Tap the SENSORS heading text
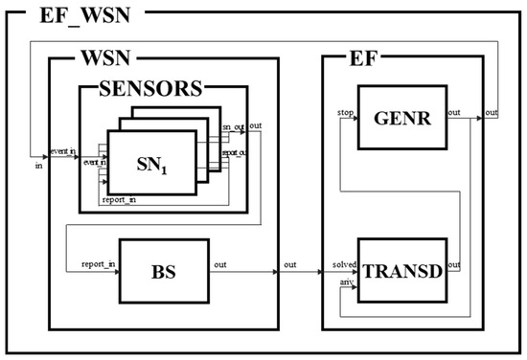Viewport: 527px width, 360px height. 149,89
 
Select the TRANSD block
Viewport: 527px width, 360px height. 401,271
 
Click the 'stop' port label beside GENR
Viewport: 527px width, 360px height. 346,111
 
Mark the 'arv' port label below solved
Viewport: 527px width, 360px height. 348,281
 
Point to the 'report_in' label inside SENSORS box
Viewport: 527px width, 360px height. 119,199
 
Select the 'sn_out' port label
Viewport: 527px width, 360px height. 233,127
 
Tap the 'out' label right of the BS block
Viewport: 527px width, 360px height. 220,263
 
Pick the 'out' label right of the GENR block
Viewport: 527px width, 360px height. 454,111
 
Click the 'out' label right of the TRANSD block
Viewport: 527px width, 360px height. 454,263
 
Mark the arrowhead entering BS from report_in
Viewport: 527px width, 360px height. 115,271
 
